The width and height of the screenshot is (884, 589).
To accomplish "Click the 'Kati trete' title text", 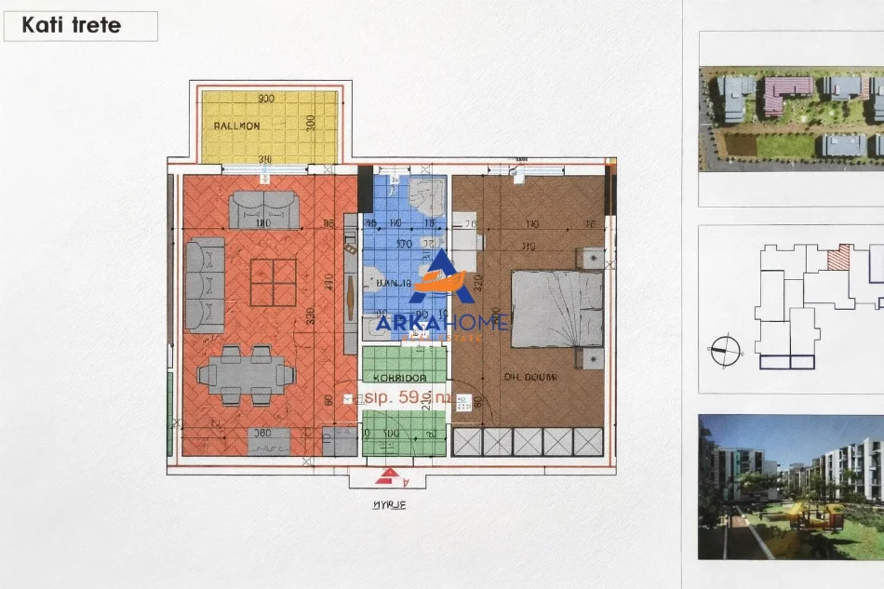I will [x=71, y=25].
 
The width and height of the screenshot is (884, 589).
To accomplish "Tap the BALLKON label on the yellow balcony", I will [x=236, y=126].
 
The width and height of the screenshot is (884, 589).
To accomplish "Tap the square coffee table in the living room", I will [x=273, y=282].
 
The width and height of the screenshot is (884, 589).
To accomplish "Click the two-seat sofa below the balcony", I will [x=264, y=209].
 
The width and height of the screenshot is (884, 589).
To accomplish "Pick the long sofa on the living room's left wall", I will [x=205, y=285].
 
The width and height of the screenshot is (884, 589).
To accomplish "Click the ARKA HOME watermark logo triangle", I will [x=440, y=274].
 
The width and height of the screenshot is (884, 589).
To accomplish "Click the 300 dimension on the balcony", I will [x=311, y=123].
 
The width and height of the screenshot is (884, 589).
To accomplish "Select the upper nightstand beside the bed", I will [x=590, y=258].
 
